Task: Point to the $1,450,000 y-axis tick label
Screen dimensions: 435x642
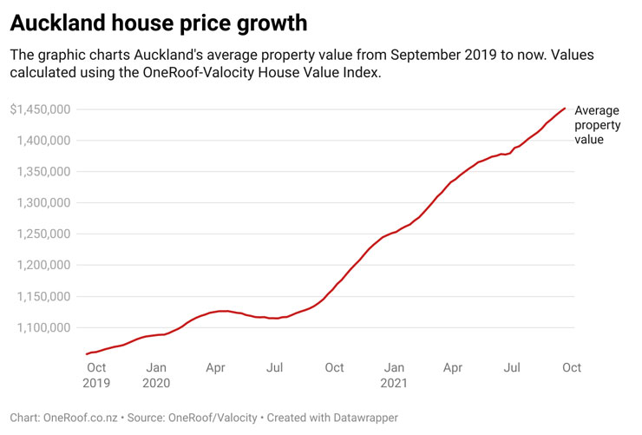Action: coord(40,109)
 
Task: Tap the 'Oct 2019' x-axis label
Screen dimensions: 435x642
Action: coord(96,374)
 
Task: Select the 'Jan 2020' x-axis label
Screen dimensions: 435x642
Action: coord(156,374)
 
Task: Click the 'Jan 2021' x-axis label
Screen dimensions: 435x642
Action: coord(395,374)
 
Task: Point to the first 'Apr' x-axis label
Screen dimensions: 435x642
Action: coord(215,367)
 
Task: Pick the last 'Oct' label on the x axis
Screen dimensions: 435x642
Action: coord(572,367)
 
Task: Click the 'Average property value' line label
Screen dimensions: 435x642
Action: coord(597,124)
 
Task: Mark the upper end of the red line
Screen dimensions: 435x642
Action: coord(566,109)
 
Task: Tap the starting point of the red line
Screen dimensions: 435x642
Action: coord(87,354)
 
